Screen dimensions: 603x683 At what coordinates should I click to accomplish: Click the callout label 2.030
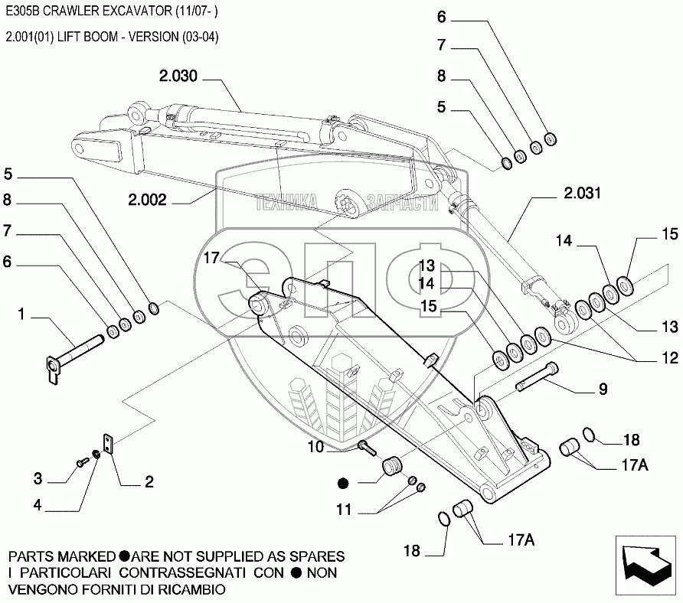tap(178, 77)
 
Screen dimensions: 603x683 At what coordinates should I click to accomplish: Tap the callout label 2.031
tap(583, 193)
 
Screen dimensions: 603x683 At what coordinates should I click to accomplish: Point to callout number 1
tap(22, 314)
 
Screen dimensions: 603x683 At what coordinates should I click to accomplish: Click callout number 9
tap(603, 390)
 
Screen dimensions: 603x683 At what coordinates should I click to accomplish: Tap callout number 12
tap(670, 357)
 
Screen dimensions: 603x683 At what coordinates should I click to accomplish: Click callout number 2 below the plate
tap(149, 482)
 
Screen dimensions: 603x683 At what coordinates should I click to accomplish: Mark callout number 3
tap(38, 480)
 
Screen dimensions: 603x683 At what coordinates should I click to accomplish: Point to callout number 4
tap(38, 506)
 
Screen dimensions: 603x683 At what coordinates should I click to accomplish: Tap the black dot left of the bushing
tap(342, 483)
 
